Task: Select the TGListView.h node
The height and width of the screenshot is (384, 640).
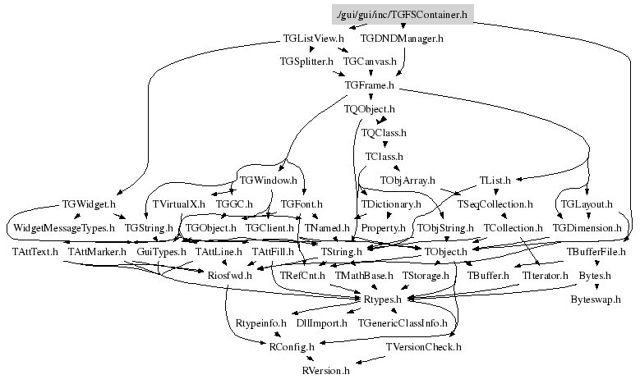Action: (312, 38)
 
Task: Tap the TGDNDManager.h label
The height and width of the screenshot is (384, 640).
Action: (402, 38)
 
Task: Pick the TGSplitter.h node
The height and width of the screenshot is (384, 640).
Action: (306, 62)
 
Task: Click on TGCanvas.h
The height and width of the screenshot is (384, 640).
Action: (370, 62)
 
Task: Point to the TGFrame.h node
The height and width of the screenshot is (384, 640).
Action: (370, 85)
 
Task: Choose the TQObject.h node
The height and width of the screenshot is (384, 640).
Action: (370, 108)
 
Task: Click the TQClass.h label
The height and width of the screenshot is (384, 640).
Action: (384, 132)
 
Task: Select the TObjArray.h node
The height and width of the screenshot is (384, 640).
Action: (407, 180)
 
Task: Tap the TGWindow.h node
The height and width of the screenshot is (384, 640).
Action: (267, 180)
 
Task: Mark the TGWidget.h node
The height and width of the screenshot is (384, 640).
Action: (89, 203)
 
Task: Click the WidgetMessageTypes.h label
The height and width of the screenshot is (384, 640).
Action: (63, 227)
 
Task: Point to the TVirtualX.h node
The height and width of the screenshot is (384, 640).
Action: (178, 203)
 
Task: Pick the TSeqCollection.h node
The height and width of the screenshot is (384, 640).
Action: (495, 203)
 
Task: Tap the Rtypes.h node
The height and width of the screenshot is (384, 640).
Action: (383, 299)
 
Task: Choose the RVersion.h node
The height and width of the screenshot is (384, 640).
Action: (327, 371)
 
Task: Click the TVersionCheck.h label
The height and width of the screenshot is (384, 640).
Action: (423, 347)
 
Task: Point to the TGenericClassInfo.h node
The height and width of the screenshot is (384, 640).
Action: (402, 323)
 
